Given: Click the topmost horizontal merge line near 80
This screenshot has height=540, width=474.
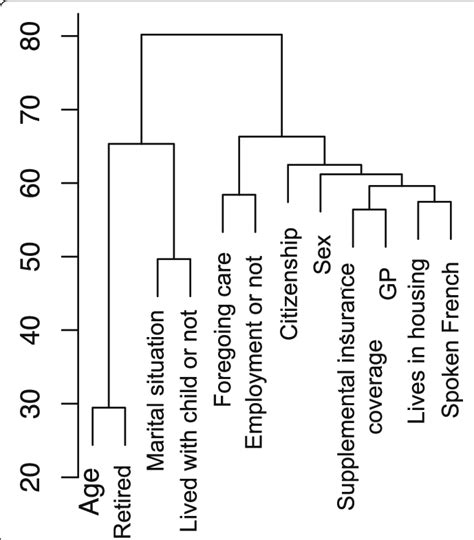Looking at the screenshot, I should click(211, 35).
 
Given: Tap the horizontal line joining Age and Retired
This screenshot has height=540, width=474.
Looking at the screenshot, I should click(108, 408).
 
